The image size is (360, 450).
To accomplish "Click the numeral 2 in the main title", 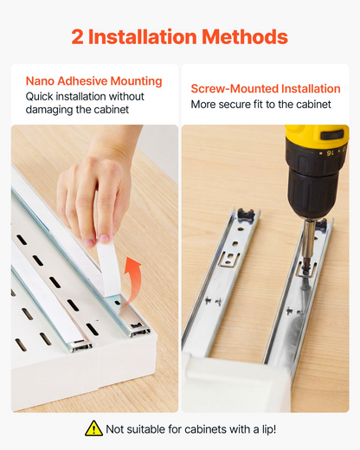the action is click(78, 36).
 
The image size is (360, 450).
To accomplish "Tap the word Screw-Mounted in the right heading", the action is click(235, 88).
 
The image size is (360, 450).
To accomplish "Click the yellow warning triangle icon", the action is click(93, 428).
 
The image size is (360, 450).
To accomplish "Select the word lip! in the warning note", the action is click(269, 429).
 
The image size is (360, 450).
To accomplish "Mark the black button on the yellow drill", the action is click(332, 134).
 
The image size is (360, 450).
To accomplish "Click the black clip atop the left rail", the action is click(246, 215).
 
